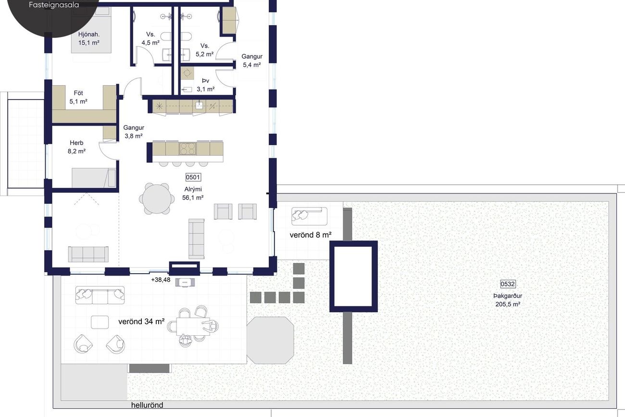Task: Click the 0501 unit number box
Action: click(x=193, y=177)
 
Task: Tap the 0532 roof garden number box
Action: click(x=508, y=284)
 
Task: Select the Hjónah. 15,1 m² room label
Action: click(x=89, y=38)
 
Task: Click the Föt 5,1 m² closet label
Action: click(x=78, y=97)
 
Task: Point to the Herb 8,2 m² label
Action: click(x=76, y=147)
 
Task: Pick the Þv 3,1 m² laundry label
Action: click(x=206, y=85)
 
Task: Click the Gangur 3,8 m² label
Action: click(x=134, y=132)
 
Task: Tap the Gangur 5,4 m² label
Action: click(x=252, y=61)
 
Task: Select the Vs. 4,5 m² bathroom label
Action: click(x=150, y=38)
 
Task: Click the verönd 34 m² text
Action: click(x=141, y=322)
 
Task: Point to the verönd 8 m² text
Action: click(x=311, y=235)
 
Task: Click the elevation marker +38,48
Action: click(x=161, y=279)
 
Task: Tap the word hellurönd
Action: click(x=147, y=405)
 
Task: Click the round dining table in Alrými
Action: click(x=156, y=199)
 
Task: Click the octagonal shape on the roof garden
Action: click(x=270, y=340)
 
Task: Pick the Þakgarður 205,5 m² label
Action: click(x=508, y=300)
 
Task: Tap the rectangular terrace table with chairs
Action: click(x=193, y=326)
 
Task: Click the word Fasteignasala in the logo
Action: click(x=54, y=5)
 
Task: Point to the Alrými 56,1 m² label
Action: click(x=193, y=193)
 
